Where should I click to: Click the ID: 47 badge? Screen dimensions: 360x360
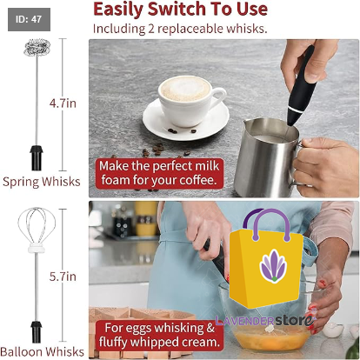pyautogui.click(x=29, y=19)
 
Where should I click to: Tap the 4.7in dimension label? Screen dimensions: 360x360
pyautogui.click(x=63, y=103)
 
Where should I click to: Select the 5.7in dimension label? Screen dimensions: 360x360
pyautogui.click(x=63, y=277)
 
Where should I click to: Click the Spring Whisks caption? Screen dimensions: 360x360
pyautogui.click(x=42, y=182)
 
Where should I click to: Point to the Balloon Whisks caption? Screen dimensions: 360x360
pyautogui.click(x=43, y=351)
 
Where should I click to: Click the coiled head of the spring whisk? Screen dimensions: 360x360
pyautogui.click(x=37, y=48)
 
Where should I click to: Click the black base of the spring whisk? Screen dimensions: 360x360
pyautogui.click(x=37, y=157)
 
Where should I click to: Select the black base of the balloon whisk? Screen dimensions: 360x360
pyautogui.click(x=37, y=332)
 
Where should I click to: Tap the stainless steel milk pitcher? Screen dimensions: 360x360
pyautogui.click(x=268, y=157)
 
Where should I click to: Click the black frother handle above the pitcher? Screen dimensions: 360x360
pyautogui.click(x=302, y=86)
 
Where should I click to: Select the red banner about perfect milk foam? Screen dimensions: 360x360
pyautogui.click(x=159, y=173)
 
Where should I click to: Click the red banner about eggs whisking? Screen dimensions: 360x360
pyautogui.click(x=159, y=336)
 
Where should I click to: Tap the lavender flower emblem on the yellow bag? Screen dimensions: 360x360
pyautogui.click(x=273, y=265)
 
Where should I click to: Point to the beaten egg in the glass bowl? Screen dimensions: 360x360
pyautogui.click(x=272, y=339)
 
